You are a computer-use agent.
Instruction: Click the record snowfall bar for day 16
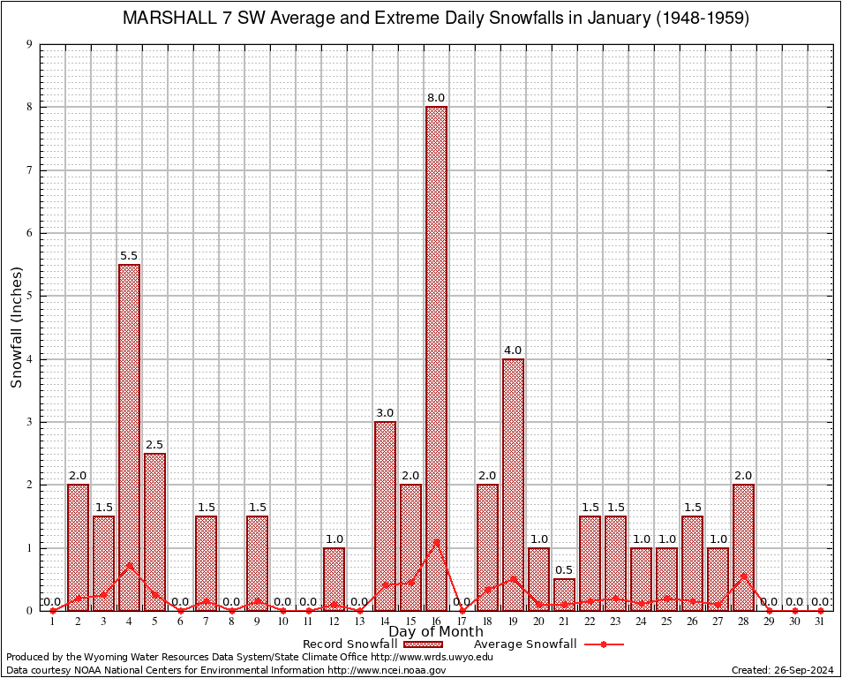(436, 358)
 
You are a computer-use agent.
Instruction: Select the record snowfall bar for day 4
(129, 437)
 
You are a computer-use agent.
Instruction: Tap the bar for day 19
(513, 484)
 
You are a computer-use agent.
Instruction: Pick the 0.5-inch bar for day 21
(564, 594)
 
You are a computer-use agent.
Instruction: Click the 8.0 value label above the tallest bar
(436, 97)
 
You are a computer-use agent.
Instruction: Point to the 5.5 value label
(129, 255)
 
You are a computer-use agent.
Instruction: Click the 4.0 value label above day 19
(513, 350)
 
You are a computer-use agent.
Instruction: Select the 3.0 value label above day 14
(385, 412)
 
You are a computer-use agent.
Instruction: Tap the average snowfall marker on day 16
(436, 541)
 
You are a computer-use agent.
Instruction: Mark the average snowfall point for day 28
(743, 576)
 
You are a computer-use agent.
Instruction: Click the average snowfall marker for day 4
(129, 565)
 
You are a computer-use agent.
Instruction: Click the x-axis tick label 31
(820, 621)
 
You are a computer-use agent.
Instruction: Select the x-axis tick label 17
(462, 621)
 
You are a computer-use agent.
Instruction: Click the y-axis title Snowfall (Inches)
(16, 328)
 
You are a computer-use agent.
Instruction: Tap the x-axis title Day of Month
(436, 631)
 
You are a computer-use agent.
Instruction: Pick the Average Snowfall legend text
(524, 644)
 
